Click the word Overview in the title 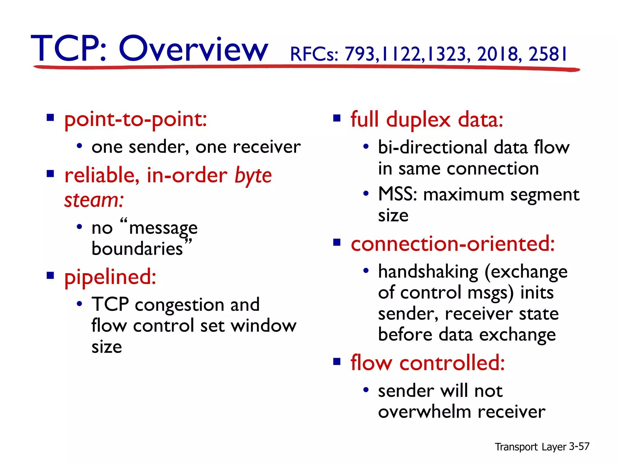tap(193, 49)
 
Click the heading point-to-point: tap(136, 120)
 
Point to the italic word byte tap(253, 176)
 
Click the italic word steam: tap(94, 200)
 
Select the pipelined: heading tap(110, 277)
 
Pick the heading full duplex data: tap(427, 120)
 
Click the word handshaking tap(428, 272)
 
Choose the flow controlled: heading tap(428, 363)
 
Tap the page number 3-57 tap(579, 446)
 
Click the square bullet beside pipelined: tap(50, 275)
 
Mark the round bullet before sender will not tap(366, 390)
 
